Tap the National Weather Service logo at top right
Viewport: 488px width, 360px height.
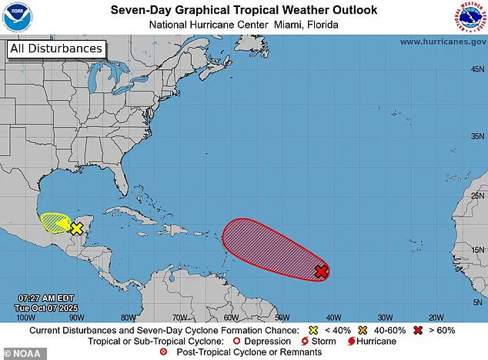pyautogui.click(x=471, y=16)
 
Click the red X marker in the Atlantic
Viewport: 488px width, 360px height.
pyautogui.click(x=322, y=271)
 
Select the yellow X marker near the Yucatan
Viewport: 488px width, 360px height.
pyautogui.click(x=76, y=228)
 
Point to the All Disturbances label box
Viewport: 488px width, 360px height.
pyautogui.click(x=55, y=48)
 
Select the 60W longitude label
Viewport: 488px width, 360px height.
pyautogui.click(x=230, y=317)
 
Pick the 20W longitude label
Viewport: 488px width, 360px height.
pyautogui.click(x=436, y=317)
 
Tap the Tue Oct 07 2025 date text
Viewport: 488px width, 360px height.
pyautogui.click(x=46, y=307)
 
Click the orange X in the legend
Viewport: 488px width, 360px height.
pyautogui.click(x=363, y=329)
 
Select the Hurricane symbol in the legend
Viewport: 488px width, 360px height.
pyautogui.click(x=352, y=341)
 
